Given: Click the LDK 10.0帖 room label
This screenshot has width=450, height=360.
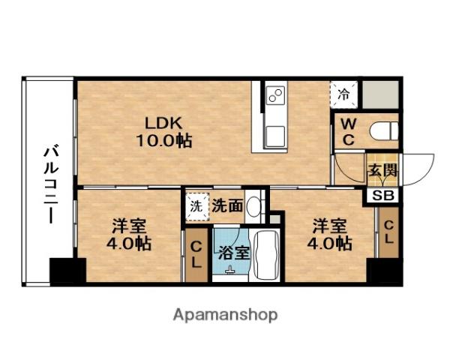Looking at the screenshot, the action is tap(163, 132).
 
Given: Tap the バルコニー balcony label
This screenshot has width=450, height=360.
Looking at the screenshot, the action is tap(51, 185).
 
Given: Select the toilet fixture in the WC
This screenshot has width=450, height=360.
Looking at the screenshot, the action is tap(384, 131).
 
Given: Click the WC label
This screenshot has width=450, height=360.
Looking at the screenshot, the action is tap(349, 132).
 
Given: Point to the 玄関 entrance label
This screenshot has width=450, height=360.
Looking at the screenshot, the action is tap(382, 170).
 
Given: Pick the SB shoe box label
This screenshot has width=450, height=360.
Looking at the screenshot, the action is tap(383, 196).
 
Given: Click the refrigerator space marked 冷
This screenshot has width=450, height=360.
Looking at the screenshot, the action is tap(343, 94).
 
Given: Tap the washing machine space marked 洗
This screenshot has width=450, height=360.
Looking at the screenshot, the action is tap(196, 206).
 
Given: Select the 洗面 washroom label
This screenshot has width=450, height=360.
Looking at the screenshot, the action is tap(227, 205).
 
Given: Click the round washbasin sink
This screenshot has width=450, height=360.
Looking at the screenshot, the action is tap(253, 206).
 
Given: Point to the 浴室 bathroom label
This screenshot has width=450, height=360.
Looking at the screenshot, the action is tap(233, 253).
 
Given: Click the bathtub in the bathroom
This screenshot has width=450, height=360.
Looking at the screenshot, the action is tap(268, 255).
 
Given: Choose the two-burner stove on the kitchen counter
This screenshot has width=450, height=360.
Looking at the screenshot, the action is tap(276, 95).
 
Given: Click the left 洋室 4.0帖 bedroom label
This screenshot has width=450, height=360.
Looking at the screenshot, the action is tap(129, 235).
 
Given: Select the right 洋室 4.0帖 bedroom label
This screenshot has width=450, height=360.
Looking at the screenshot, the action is tap(329, 235).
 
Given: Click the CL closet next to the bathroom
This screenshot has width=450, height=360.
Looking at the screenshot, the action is tap(196, 255).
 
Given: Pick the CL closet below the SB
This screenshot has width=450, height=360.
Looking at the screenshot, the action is tap(388, 232).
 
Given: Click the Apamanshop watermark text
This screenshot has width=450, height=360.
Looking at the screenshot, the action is tap(225, 316).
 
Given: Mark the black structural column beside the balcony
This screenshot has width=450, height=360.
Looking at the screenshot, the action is tap(68, 270).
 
